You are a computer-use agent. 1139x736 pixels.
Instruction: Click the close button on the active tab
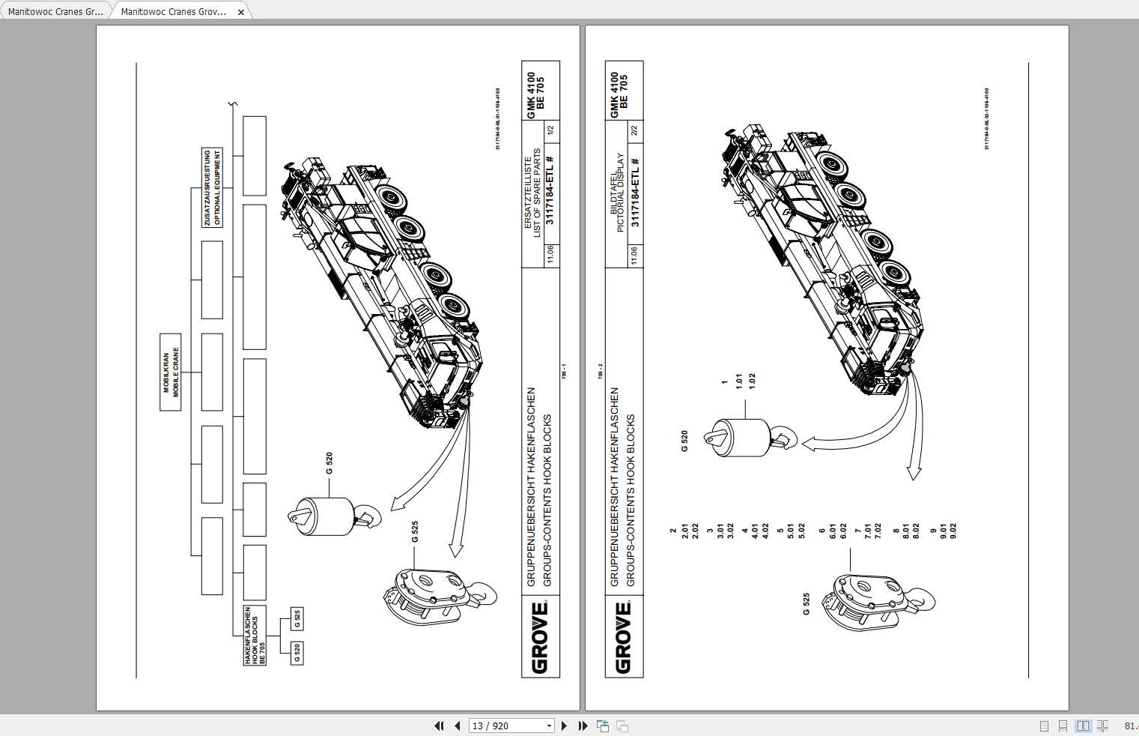coord(241,12)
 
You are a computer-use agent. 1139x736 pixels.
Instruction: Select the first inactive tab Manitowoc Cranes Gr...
coord(55,12)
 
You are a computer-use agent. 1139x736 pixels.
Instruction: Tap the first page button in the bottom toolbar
coord(439,726)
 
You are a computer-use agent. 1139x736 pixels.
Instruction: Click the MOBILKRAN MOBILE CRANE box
coord(171,372)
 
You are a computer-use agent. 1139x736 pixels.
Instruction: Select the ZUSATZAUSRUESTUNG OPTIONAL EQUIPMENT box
coord(213,188)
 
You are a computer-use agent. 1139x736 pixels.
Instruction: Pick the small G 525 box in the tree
coord(297,619)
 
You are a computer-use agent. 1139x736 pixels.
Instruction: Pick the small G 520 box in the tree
coord(297,654)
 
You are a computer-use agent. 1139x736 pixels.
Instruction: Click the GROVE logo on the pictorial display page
coord(623,638)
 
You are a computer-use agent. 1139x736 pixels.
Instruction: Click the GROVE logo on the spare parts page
coord(539,638)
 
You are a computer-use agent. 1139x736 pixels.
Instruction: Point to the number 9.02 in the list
coord(953,531)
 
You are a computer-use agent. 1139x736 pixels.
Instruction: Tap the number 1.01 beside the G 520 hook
coord(739,381)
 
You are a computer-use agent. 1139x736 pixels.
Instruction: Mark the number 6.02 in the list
coord(843,531)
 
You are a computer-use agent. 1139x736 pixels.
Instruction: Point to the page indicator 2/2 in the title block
coord(634,131)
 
